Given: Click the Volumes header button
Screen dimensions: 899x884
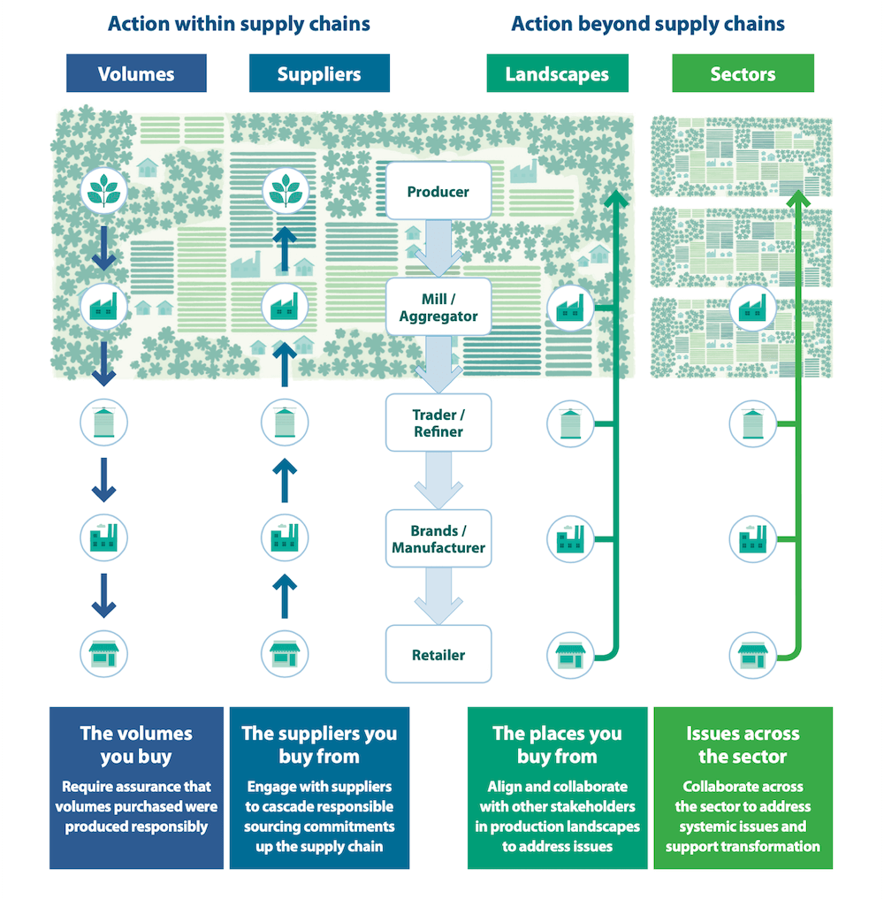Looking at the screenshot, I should point(136,73).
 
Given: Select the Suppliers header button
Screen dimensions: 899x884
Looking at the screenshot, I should point(319,73).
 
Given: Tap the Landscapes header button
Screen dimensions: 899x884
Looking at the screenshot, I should point(557,73).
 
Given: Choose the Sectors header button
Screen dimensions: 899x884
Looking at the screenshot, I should point(743,73).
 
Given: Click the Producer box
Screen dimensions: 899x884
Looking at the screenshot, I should point(438,191).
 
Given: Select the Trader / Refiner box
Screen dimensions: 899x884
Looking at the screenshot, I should point(438,423).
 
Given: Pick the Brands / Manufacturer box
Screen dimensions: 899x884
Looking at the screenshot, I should point(438,539).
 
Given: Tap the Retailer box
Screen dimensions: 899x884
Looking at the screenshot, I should point(438,655).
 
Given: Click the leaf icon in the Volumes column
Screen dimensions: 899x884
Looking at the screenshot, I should point(104,189).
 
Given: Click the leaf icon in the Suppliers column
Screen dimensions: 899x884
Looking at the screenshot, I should point(285,189).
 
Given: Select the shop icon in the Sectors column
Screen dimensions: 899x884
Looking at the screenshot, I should point(752,655).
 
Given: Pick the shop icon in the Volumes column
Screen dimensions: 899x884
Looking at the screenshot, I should point(104,655).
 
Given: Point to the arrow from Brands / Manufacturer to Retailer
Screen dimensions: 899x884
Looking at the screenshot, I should point(438,597).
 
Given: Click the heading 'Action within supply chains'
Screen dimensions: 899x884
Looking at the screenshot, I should point(239,24).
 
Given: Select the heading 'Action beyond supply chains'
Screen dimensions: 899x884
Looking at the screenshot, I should point(648,24).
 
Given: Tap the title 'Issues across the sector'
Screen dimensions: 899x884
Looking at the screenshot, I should point(743,744).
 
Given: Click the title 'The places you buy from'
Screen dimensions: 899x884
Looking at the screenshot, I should point(557,744).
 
